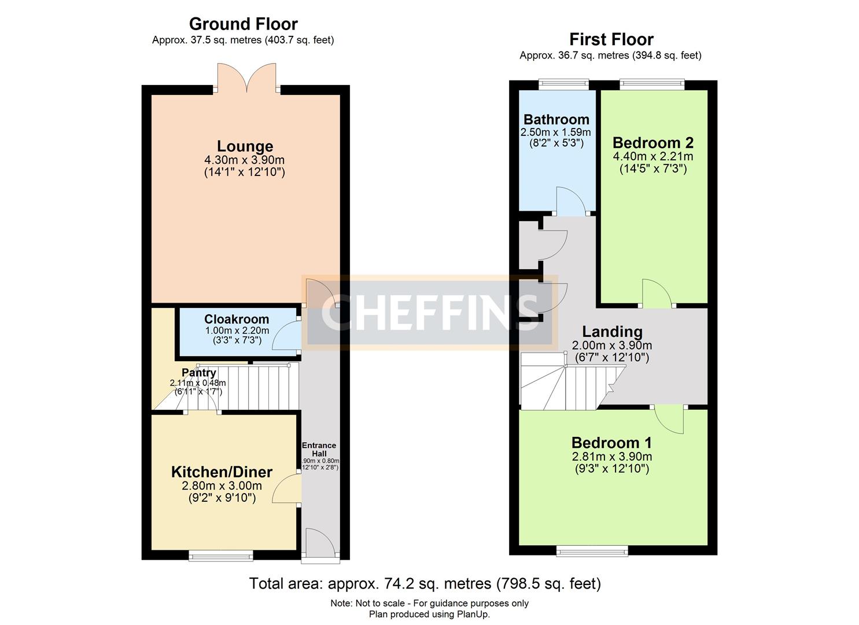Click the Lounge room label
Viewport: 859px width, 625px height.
(x=245, y=146)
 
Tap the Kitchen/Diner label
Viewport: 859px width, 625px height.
(x=222, y=472)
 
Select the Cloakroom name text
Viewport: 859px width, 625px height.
(x=237, y=319)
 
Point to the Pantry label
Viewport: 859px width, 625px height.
(x=199, y=373)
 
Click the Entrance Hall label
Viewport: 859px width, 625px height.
(x=319, y=450)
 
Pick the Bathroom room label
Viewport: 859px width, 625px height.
(x=556, y=120)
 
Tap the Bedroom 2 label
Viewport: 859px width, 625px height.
(x=652, y=143)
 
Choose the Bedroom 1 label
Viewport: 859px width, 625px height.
(x=611, y=443)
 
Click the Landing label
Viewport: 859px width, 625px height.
(x=612, y=332)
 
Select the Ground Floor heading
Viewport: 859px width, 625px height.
(x=243, y=24)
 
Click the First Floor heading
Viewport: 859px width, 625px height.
(x=611, y=39)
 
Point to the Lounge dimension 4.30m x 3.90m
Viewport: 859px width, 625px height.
(x=244, y=160)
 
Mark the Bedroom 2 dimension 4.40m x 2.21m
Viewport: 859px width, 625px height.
(x=652, y=156)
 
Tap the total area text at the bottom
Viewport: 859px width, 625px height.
(x=425, y=583)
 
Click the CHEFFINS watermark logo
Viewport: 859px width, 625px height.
(x=429, y=312)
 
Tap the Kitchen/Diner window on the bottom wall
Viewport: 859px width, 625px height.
(x=221, y=556)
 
